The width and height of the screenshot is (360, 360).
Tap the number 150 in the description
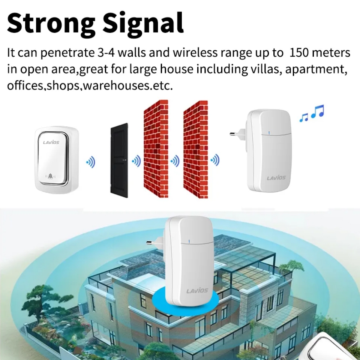tap(300, 52)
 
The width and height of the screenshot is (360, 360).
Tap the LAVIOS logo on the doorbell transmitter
tap(51, 142)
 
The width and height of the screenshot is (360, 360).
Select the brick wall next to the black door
tap(156, 148)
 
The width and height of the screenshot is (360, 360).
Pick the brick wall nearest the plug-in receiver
tap(195, 148)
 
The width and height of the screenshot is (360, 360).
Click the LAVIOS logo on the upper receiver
tap(276, 177)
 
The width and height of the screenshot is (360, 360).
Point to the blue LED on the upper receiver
tap(269, 132)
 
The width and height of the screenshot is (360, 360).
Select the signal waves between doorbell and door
tap(91, 162)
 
